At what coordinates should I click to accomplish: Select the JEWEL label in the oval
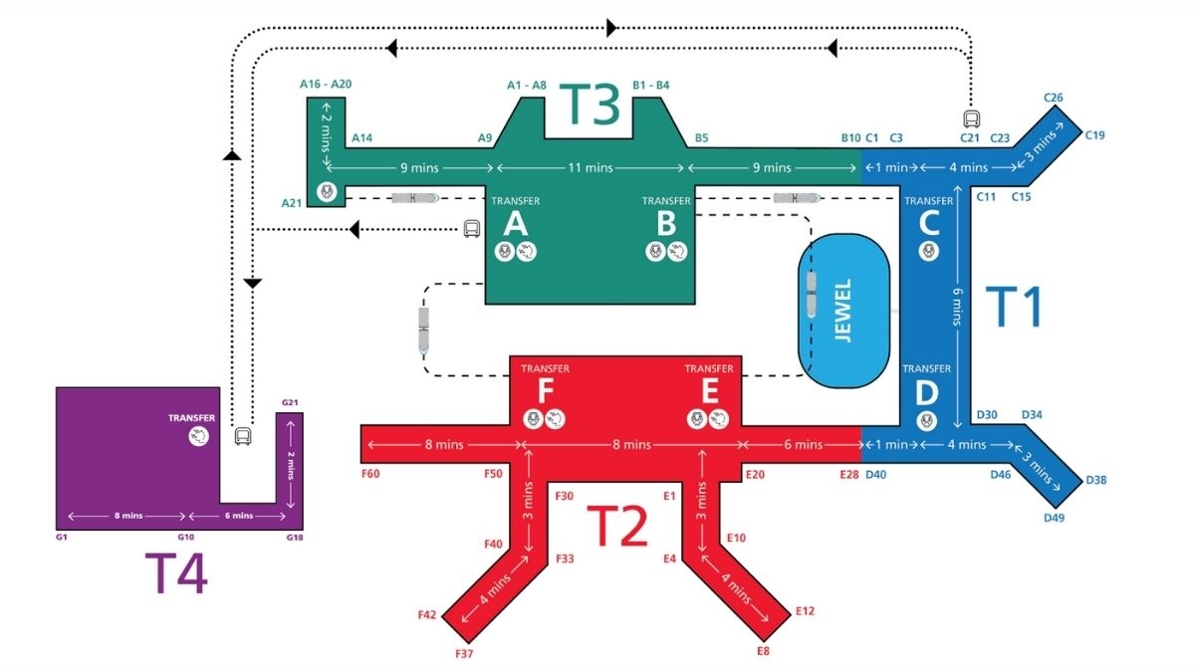coord(843,316)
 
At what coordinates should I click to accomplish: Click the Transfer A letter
coord(515,224)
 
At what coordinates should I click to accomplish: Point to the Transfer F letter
coord(546,391)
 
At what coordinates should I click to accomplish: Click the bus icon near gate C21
coord(971,118)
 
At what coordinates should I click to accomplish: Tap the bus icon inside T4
coord(242,436)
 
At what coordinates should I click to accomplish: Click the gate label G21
coord(291,402)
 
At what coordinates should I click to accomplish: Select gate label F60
coord(369,474)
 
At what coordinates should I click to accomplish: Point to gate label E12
coord(805,610)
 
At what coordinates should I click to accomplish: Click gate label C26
coord(1054,98)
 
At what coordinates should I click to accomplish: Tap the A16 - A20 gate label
coord(326,85)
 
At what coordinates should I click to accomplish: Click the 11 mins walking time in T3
coord(591,167)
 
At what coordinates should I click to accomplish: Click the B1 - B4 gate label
coord(651,85)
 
